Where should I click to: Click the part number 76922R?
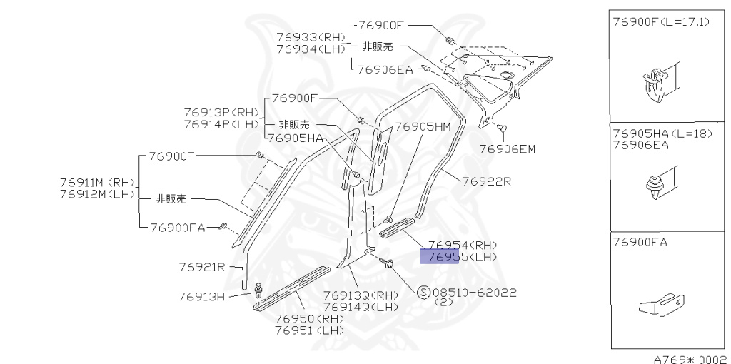pyautogui.click(x=486, y=181)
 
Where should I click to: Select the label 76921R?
pyautogui.click(x=202, y=267)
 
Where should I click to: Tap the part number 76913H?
pyautogui.click(x=202, y=295)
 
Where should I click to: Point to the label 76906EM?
pyautogui.click(x=507, y=149)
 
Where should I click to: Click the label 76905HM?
pyautogui.click(x=423, y=127)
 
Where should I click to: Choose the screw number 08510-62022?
pyautogui.click(x=475, y=293)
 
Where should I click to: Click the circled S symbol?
pyautogui.click(x=423, y=293)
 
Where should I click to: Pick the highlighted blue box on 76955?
pyautogui.click(x=439, y=256)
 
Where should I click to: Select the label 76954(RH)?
pyautogui.click(x=462, y=245)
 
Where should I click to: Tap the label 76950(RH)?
pyautogui.click(x=309, y=319)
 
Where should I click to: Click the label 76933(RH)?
pyautogui.click(x=311, y=36)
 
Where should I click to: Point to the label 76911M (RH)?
pyautogui.click(x=96, y=182)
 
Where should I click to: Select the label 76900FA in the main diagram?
pyautogui.click(x=178, y=228)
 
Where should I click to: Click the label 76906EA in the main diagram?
pyautogui.click(x=385, y=69)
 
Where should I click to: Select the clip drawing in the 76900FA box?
pyautogui.click(x=662, y=307)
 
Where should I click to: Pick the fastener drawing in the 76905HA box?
pyautogui.click(x=655, y=184)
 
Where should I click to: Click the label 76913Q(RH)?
pyautogui.click(x=361, y=295)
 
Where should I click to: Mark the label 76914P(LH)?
pyautogui.click(x=222, y=124)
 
